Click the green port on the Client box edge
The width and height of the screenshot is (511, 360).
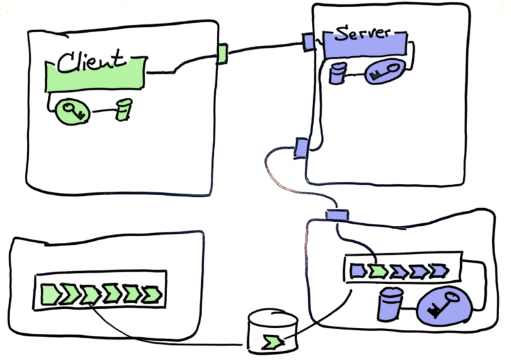point(221,54)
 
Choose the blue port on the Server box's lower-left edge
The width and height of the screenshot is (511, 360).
point(301,148)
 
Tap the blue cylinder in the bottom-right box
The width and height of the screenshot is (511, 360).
point(391,304)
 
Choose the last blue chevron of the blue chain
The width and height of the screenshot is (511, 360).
point(438,269)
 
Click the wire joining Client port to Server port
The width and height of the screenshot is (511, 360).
point(262,46)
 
